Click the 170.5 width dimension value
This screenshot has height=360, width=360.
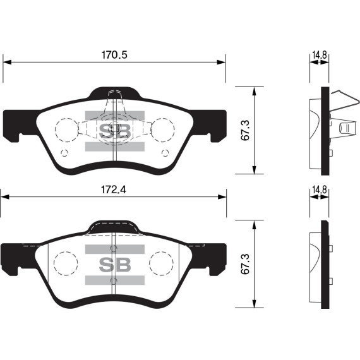pos(115,55)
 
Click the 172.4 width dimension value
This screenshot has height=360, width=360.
pos(114,189)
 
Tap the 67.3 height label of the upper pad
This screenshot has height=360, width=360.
pos(246,130)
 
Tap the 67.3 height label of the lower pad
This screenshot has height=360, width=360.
pos(246,265)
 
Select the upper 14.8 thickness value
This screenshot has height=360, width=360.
pos(319,55)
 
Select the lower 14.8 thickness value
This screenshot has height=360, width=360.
pos(319,189)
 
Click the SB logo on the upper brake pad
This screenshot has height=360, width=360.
pos(115,131)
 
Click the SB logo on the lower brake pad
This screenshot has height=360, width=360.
pos(115,265)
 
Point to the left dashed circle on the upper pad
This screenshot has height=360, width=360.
pos(66,130)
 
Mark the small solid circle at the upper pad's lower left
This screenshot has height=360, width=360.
pos(63,153)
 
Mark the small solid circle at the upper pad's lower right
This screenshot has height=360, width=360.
pos(165,153)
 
